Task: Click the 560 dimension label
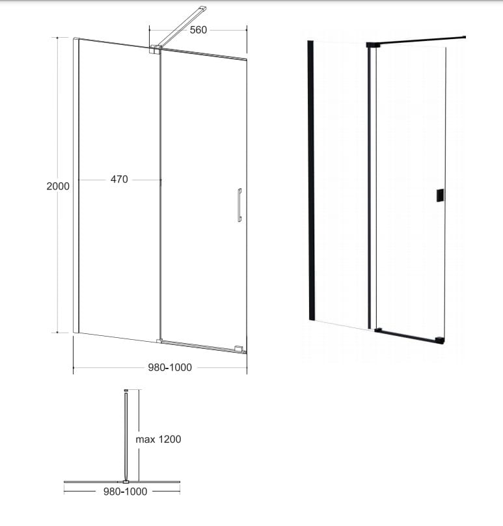click(x=198, y=30)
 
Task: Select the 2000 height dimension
click(x=58, y=186)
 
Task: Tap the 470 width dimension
click(x=119, y=180)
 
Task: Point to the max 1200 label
click(x=158, y=439)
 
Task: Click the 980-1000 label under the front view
click(x=170, y=367)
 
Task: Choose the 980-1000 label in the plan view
click(x=126, y=491)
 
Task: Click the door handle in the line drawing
click(x=239, y=205)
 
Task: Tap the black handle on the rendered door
click(x=441, y=195)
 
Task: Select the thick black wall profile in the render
click(x=311, y=180)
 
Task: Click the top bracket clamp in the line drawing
click(x=156, y=49)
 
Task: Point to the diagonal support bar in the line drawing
click(x=182, y=26)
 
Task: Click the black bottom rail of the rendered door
click(x=409, y=336)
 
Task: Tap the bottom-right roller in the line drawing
click(x=239, y=349)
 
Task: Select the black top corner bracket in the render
click(x=373, y=45)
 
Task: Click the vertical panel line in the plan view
click(x=126, y=436)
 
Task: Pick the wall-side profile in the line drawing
click(x=75, y=185)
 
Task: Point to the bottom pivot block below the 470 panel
click(x=159, y=341)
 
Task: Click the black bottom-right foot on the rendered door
click(x=440, y=340)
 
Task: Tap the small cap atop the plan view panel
click(x=126, y=390)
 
